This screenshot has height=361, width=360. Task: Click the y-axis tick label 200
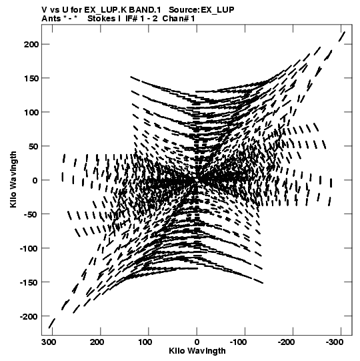31,44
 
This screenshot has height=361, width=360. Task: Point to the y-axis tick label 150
31,78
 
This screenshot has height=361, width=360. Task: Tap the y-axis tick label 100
31,112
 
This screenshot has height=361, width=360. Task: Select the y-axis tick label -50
30,214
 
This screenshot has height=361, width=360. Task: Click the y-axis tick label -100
29,248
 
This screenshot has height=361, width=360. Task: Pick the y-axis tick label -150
29,282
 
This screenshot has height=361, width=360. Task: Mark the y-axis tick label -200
29,316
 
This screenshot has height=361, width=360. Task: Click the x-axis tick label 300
49,342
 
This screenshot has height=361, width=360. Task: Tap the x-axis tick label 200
97,342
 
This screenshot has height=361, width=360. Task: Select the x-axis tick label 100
145,342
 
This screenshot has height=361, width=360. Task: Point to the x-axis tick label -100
238,342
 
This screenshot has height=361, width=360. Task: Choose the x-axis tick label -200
286,342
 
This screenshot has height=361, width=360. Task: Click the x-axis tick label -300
335,342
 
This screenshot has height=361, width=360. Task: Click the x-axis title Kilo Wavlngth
197,351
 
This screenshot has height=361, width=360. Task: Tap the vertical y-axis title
13,179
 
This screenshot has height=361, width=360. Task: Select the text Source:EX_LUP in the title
201,10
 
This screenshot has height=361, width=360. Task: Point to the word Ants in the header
51,19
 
